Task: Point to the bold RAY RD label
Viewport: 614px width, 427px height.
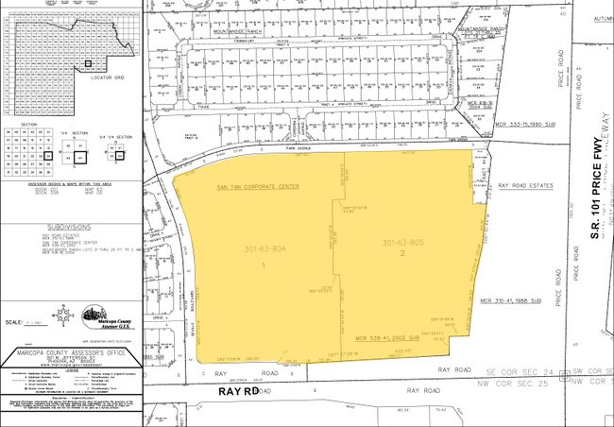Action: pos(239,388)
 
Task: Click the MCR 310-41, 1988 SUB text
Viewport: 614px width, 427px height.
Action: pos(529,301)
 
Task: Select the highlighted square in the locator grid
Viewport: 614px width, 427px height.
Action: pos(88,64)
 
